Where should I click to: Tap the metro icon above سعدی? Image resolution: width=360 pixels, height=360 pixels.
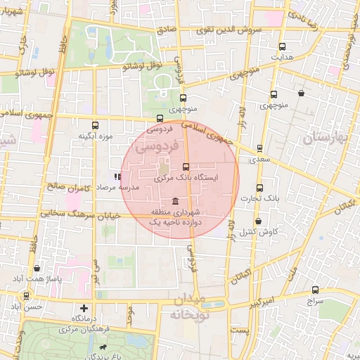[x=260, y=148]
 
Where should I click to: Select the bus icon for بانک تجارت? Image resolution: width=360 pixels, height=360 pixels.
[x=260, y=188]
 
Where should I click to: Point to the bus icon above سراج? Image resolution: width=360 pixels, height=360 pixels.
[x=315, y=289]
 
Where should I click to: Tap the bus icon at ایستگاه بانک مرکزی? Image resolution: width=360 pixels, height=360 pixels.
[x=186, y=167]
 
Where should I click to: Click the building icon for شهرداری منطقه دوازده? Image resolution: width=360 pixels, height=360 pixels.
[x=174, y=201]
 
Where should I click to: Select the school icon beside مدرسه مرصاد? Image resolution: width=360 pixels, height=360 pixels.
[x=117, y=177]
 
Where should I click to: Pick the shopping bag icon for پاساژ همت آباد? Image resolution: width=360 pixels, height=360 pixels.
[x=37, y=268]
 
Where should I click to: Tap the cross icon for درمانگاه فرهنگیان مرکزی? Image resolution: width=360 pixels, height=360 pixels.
[x=84, y=308]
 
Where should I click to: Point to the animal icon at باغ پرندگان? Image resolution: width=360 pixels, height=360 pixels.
[x=104, y=347]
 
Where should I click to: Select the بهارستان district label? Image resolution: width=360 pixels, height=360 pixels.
[x=327, y=137]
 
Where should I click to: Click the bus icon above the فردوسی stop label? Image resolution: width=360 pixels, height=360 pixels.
[x=160, y=118]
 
